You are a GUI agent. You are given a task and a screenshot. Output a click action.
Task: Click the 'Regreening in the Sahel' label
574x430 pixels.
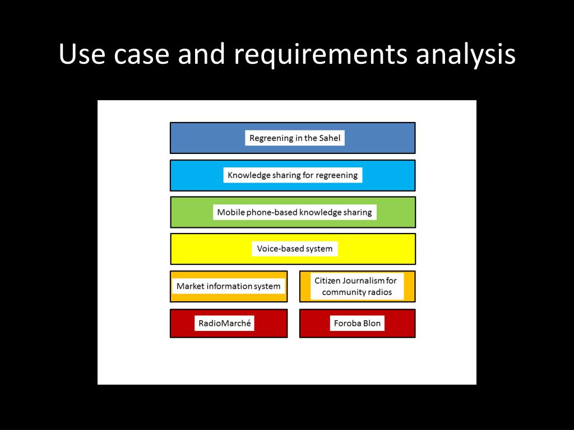pyautogui.click(x=295, y=138)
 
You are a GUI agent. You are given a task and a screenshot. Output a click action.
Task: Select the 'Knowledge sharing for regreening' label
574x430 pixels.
pyautogui.click(x=293, y=175)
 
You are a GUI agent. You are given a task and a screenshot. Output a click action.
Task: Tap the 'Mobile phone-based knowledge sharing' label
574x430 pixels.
pyautogui.click(x=294, y=212)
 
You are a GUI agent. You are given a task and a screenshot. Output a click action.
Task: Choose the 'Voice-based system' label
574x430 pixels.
pyautogui.click(x=295, y=249)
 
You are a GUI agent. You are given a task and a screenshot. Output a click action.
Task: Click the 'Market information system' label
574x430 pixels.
pyautogui.click(x=228, y=286)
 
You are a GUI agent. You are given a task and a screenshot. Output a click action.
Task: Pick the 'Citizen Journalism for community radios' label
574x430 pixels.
pyautogui.click(x=355, y=286)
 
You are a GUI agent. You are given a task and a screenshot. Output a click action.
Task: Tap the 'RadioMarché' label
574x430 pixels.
pyautogui.click(x=224, y=323)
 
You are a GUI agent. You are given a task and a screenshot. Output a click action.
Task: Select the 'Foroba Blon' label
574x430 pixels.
pyautogui.click(x=357, y=323)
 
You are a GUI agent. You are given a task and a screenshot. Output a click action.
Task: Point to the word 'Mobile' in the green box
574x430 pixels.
pyautogui.click(x=230, y=212)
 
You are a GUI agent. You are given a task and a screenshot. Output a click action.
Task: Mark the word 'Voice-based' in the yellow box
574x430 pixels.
pyautogui.click(x=279, y=249)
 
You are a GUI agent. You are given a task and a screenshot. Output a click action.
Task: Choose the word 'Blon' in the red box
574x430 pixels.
pyautogui.click(x=371, y=323)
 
